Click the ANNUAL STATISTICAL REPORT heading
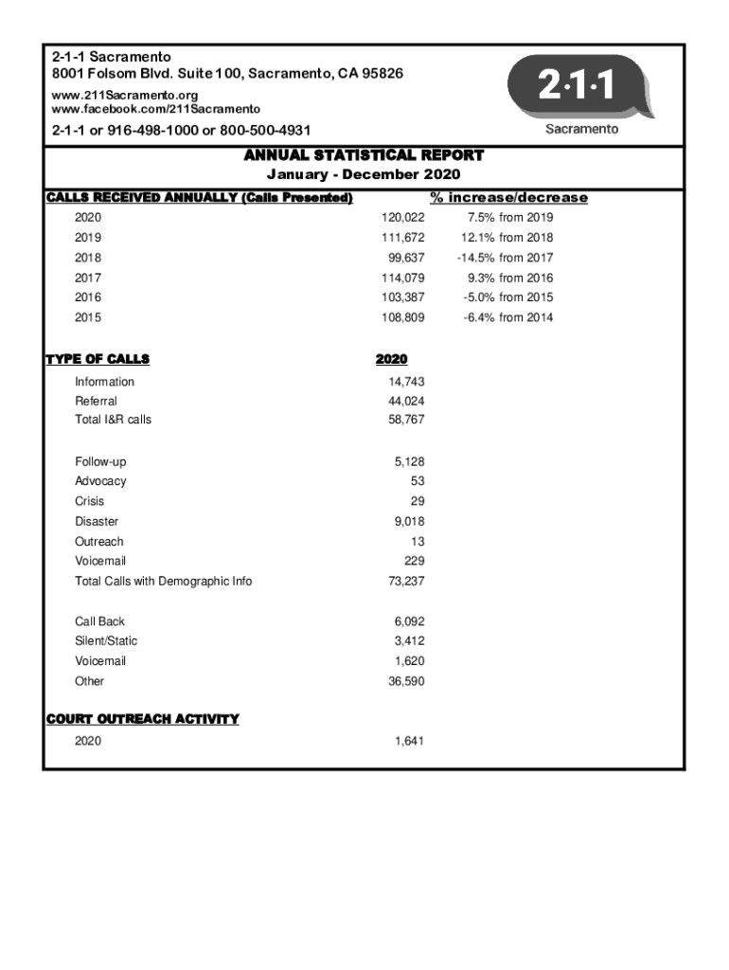[x=364, y=155]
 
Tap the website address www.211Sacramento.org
[x=125, y=96]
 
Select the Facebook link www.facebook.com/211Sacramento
[x=156, y=110]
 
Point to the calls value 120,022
[x=402, y=218]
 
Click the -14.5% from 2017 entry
[x=505, y=258]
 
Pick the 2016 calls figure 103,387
[x=402, y=297]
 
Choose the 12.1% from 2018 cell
[x=507, y=238]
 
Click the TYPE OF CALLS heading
[x=98, y=359]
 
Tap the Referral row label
[x=97, y=402]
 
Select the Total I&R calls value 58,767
[x=406, y=420]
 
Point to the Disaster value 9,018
[x=409, y=522]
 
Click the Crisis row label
[x=90, y=501]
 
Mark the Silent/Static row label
[x=106, y=641]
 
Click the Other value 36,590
[x=406, y=681]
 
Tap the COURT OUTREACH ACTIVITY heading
[x=142, y=719]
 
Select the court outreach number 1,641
[x=409, y=741]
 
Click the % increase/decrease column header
[x=508, y=198]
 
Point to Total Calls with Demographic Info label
[x=164, y=582]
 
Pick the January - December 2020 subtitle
[x=364, y=175]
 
